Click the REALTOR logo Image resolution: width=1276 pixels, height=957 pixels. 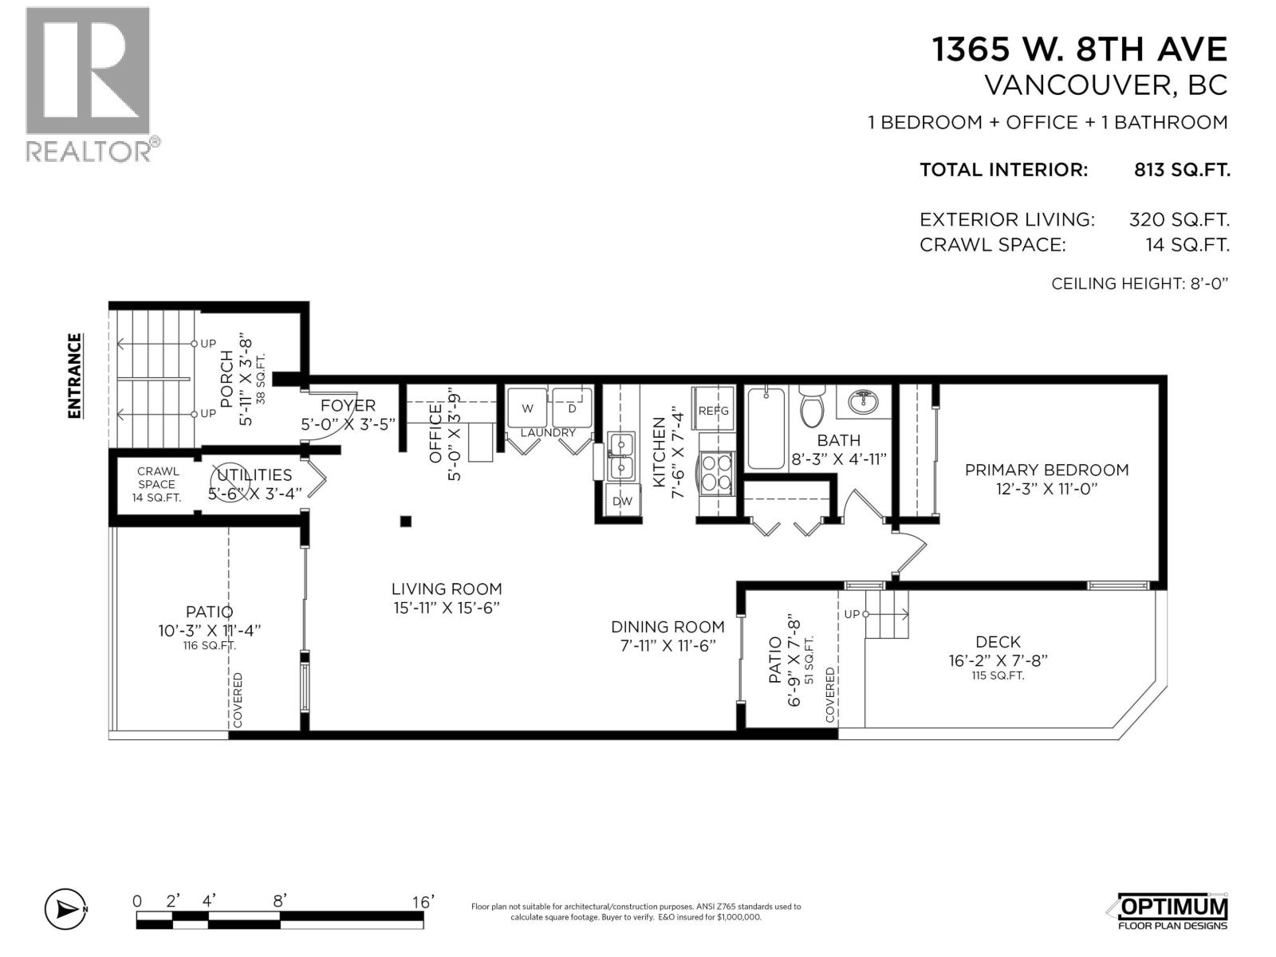(88, 84)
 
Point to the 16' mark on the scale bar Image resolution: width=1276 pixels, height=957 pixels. (423, 902)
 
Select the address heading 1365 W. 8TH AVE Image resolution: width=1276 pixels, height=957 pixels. (1080, 49)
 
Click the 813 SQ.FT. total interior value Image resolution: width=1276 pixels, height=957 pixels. (1181, 170)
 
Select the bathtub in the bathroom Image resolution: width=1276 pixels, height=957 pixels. (766, 428)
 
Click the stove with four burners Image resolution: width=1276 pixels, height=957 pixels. (715, 471)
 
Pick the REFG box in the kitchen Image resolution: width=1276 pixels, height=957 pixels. (714, 410)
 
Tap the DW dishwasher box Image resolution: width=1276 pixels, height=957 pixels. (622, 501)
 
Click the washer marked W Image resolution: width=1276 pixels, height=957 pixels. (527, 408)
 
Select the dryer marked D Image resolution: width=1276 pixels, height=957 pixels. (572, 408)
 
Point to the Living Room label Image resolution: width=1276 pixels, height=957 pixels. (447, 597)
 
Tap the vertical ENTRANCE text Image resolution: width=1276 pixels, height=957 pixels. (74, 376)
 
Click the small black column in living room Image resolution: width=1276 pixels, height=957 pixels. (405, 522)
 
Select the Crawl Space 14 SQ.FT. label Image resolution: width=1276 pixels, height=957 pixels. (156, 484)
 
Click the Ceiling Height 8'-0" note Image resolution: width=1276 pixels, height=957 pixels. (1139, 283)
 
